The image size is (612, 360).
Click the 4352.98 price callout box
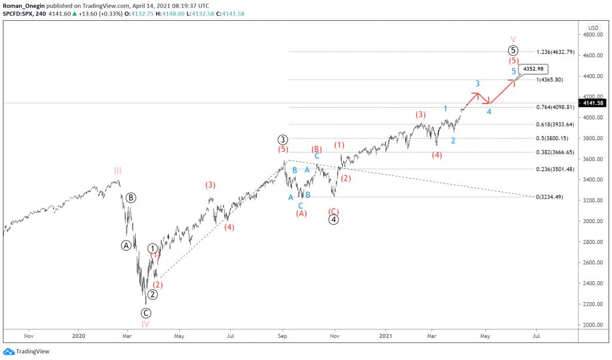tap(531, 69)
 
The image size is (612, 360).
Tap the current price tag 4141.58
tap(595, 103)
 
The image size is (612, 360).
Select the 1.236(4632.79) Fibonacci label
tap(555, 52)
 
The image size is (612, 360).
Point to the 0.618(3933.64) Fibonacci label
tap(555, 124)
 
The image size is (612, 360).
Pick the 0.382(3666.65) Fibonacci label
tap(555, 152)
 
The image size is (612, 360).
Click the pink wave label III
tap(118, 170)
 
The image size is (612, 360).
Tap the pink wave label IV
tap(145, 324)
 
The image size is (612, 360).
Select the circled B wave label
tap(131, 197)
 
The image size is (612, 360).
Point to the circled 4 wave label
tap(334, 219)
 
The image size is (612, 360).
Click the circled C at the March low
tap(146, 313)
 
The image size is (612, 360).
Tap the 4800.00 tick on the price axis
tap(593, 35)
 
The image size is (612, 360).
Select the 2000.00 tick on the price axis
tap(593, 325)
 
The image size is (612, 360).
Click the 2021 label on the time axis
tap(386, 336)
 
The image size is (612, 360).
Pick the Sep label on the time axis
tap(283, 336)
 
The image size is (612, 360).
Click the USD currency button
tap(593, 28)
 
